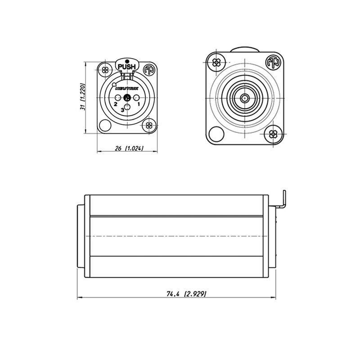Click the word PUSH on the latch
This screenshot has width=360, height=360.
pos(127,67)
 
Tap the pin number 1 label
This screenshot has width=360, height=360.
pos(139,104)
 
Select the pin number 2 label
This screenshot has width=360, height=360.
pos(116,104)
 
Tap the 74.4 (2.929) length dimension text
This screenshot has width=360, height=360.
pos(186,294)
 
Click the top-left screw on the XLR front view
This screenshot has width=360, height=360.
pos(105,70)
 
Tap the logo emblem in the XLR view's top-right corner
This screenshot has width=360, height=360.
pos(148,70)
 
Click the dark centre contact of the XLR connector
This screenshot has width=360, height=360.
pos(127,99)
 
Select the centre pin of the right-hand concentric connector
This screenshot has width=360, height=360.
pos(244,97)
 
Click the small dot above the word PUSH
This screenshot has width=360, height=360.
pos(127,61)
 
